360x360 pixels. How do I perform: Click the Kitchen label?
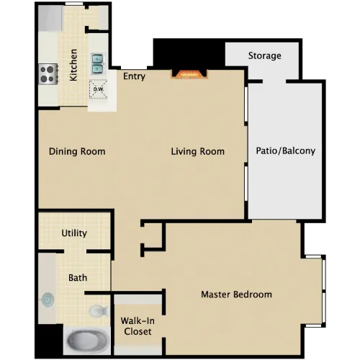pyautogui.click(x=73, y=65)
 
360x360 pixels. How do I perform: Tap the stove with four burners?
pyautogui.click(x=48, y=73)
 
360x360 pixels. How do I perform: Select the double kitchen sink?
pyautogui.click(x=98, y=63)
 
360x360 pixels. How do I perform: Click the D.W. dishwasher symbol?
pyautogui.click(x=98, y=89)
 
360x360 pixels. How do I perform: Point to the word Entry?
pyautogui.click(x=134, y=76)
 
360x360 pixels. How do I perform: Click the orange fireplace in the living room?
pyautogui.click(x=189, y=74)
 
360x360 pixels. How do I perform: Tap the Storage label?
pyautogui.click(x=264, y=55)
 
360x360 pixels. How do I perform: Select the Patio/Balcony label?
pyautogui.click(x=286, y=151)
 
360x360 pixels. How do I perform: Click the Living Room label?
pyautogui.click(x=198, y=151)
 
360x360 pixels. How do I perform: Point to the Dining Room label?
pyautogui.click(x=77, y=151)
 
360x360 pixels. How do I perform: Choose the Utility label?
pyautogui.click(x=74, y=233)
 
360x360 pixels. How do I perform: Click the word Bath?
pyautogui.click(x=78, y=278)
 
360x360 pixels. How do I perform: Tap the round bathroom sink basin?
pyautogui.click(x=48, y=300)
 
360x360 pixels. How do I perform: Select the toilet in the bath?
pyautogui.click(x=99, y=311)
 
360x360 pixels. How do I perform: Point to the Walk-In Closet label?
pyautogui.click(x=138, y=326)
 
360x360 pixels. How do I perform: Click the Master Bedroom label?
pyautogui.click(x=236, y=294)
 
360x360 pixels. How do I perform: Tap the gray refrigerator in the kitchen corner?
pyautogui.click(x=50, y=18)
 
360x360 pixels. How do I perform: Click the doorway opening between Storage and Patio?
pyautogui.click(x=274, y=81)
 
